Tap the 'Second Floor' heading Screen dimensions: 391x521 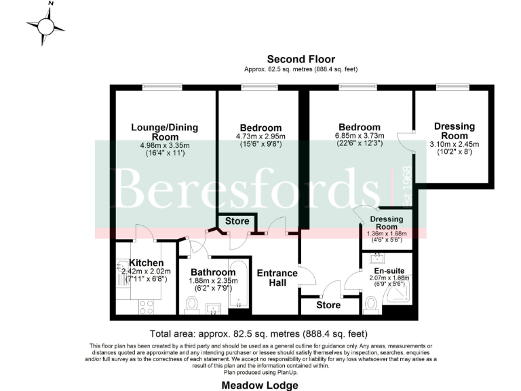tap(301, 59)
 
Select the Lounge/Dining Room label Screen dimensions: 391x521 tap(155, 132)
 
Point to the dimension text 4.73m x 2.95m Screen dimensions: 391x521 tap(260, 136)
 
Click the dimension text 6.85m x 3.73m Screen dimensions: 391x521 tap(359, 135)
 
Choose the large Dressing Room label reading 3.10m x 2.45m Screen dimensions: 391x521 tap(454, 144)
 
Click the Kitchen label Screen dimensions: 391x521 tap(146, 263)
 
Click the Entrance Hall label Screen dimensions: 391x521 tap(277, 278)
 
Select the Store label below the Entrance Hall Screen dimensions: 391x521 tap(328, 305)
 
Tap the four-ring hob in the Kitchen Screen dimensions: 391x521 tap(146, 305)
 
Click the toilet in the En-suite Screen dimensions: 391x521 tap(372, 306)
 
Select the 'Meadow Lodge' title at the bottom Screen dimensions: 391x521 tap(260, 386)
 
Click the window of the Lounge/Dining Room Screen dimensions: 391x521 tap(161, 86)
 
